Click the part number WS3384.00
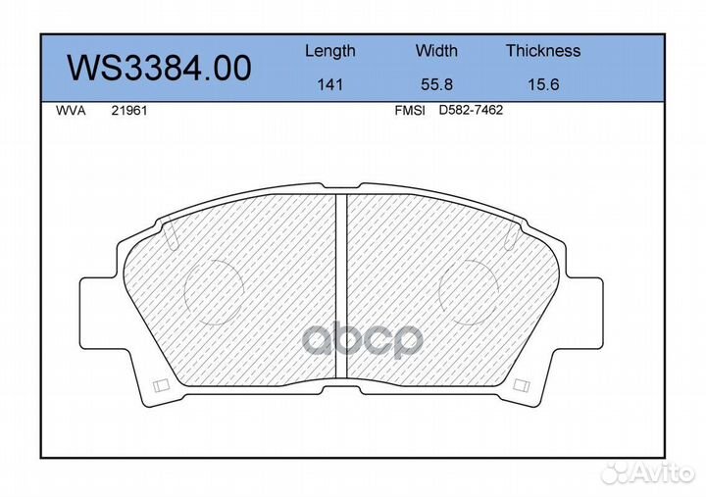pyautogui.click(x=159, y=68)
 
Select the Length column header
pyautogui.click(x=330, y=51)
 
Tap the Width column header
pyautogui.click(x=436, y=50)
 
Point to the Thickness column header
pyautogui.click(x=543, y=50)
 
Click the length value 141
pyautogui.click(x=330, y=84)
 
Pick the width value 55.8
pyautogui.click(x=436, y=84)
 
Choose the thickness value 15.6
pyautogui.click(x=543, y=84)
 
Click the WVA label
pyautogui.click(x=71, y=111)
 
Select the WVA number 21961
pyautogui.click(x=129, y=111)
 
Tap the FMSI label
pyautogui.click(x=410, y=111)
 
